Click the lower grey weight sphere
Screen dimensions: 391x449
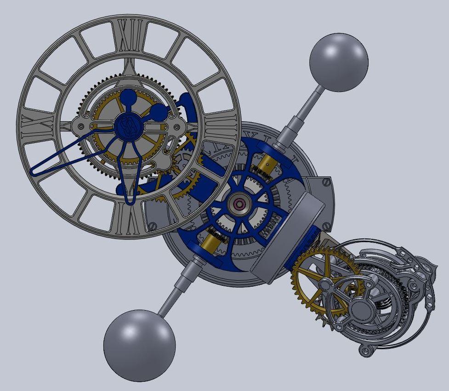(139, 345)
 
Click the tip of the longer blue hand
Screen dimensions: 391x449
(35, 172)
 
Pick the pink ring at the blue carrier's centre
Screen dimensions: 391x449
(239, 204)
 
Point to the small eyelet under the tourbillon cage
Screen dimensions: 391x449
(366, 351)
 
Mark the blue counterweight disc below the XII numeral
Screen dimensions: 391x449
(129, 98)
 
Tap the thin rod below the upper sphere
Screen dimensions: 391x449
(313, 103)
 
